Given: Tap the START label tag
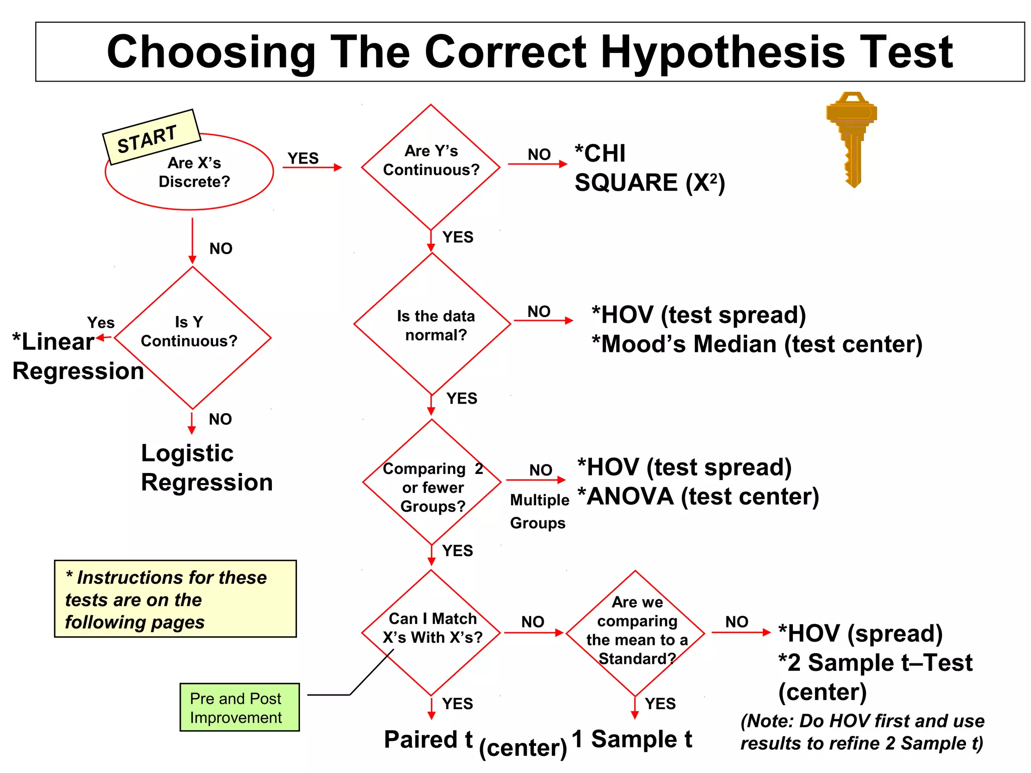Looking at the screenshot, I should point(150,137).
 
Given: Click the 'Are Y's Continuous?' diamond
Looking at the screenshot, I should point(431,166).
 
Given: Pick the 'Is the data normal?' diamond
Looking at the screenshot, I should point(433,325).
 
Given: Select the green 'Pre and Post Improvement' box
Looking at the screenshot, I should point(240,707).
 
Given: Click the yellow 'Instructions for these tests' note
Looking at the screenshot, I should point(175,599).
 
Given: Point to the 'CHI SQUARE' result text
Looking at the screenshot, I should point(649,168).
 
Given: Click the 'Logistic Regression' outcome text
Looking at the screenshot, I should point(206,468).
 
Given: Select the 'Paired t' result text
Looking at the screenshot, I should point(428,740).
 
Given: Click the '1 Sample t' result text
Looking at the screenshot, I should point(632,739).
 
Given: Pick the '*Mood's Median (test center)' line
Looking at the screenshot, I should point(757,345).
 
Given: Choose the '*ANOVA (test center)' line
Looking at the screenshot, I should point(698,497).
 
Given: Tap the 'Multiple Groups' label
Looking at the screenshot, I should point(539,511).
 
